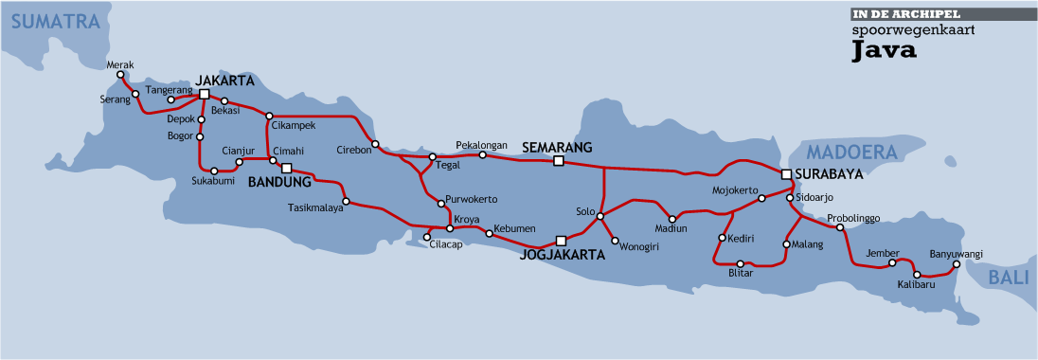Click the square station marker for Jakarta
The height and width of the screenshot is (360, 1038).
(204, 94)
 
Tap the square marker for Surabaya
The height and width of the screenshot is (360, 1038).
(785, 174)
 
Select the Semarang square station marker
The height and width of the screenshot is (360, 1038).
(558, 161)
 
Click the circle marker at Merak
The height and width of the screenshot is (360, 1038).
(120, 75)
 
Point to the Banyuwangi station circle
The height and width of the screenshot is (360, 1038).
(957, 264)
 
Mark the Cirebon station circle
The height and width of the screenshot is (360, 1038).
(376, 144)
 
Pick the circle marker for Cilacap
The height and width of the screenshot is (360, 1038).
(427, 236)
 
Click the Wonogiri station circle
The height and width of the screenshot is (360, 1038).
(615, 240)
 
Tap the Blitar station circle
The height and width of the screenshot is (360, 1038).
(741, 262)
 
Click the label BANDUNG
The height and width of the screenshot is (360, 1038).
(279, 182)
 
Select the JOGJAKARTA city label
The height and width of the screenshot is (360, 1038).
(563, 254)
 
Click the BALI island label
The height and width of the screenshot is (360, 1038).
(1010, 278)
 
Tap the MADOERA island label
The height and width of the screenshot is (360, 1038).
(851, 153)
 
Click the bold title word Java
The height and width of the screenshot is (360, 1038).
(884, 50)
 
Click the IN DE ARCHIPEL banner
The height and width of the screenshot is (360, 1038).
(906, 14)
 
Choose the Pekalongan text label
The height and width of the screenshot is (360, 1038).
(482, 143)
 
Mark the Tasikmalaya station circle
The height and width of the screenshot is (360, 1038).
(347, 201)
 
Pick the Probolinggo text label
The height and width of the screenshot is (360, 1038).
(853, 218)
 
